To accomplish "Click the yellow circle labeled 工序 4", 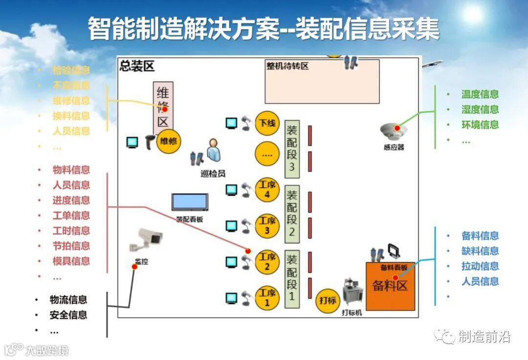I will (267, 190).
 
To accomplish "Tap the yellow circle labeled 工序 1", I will (267, 298).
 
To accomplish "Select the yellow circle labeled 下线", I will (267, 124).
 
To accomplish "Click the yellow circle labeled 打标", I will (328, 300).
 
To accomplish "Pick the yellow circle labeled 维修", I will (169, 142).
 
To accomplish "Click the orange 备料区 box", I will (390, 286).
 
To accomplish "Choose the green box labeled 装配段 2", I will (292, 215).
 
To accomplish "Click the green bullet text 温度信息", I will (480, 94).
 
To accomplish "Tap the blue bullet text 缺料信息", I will (480, 251).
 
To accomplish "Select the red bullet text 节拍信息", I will (71, 246).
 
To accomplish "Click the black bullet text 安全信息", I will (68, 315).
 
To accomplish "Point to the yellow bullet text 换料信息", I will (71, 116).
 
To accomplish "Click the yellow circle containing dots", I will (267, 155).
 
